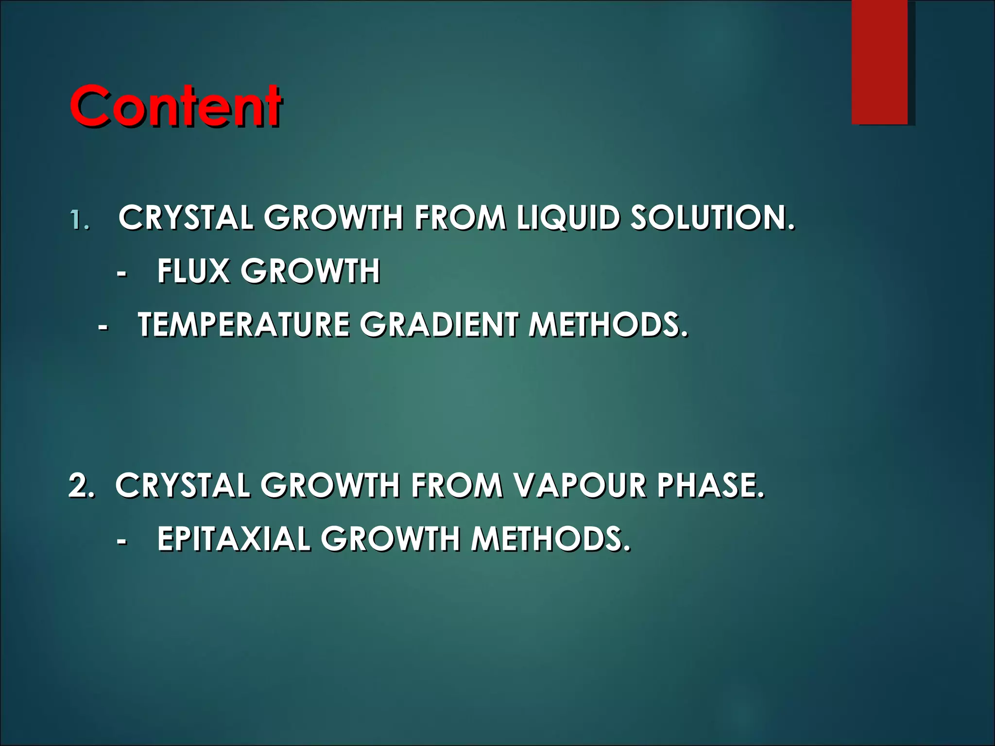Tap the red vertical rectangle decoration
[x=879, y=62]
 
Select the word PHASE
[x=711, y=485]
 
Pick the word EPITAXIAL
[x=234, y=539]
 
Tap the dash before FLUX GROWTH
[x=122, y=273]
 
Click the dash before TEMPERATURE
[x=103, y=327]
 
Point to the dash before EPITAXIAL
[x=122, y=541]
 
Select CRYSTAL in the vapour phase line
[x=183, y=485]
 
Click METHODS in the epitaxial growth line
[x=551, y=539]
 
